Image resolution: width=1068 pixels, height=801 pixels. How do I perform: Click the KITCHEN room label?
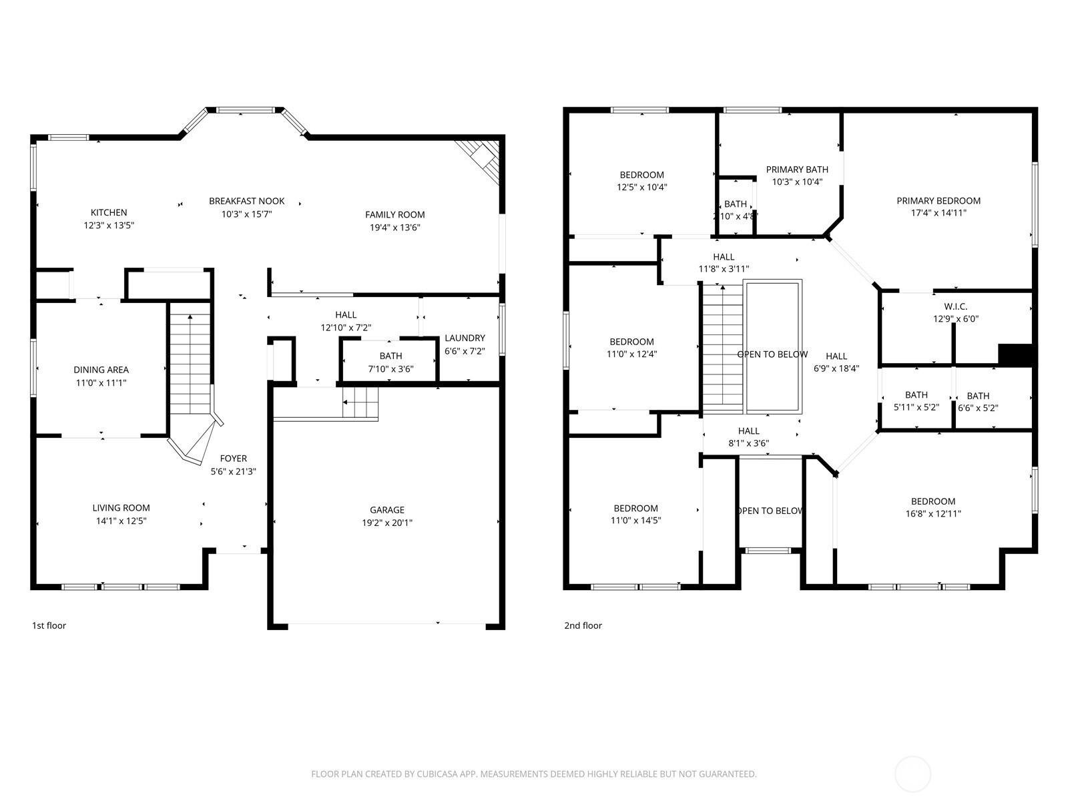click(x=109, y=212)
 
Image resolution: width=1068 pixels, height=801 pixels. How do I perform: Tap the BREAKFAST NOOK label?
click(x=247, y=201)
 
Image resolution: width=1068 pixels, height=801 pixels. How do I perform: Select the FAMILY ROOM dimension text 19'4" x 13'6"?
click(x=394, y=227)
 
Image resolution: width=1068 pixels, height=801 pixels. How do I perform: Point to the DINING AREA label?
click(x=101, y=370)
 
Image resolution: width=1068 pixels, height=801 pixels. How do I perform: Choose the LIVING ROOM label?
click(x=121, y=508)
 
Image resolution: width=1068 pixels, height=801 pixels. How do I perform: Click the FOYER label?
click(x=234, y=458)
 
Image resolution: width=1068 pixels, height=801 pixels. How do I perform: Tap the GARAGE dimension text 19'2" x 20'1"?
click(x=386, y=523)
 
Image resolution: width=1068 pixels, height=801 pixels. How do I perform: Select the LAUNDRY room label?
click(x=465, y=338)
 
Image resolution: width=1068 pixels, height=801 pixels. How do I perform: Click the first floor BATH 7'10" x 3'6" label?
click(x=390, y=362)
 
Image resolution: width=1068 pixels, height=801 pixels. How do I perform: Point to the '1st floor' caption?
click(x=49, y=625)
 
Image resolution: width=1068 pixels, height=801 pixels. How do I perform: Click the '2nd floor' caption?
click(x=583, y=625)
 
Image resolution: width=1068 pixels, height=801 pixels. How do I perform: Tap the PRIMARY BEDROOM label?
click(x=939, y=200)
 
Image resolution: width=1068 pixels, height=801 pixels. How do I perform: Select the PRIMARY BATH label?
click(x=797, y=170)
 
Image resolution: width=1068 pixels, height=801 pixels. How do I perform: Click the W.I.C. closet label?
click(x=956, y=306)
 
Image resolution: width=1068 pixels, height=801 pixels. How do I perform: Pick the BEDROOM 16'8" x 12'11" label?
click(x=933, y=507)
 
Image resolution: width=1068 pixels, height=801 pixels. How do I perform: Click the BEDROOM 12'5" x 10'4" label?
click(x=641, y=180)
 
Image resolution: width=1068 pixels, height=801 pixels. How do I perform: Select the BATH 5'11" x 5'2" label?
click(x=916, y=400)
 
